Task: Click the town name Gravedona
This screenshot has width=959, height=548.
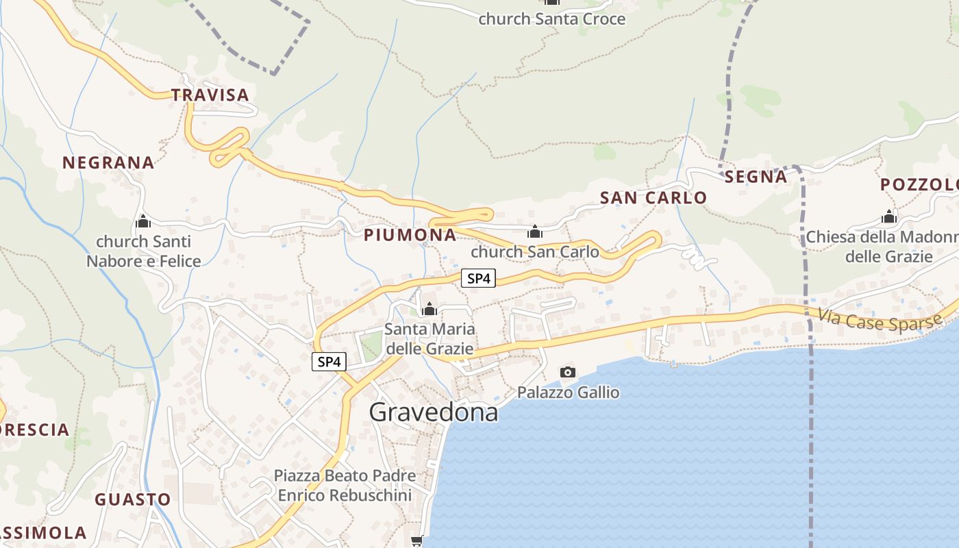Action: (433, 412)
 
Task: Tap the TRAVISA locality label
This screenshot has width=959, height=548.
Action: (210, 95)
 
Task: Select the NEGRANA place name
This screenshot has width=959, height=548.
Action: (108, 163)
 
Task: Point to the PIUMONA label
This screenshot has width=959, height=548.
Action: (410, 235)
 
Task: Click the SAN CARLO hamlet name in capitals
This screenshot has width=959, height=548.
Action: (653, 198)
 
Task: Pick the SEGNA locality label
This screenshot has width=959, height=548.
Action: (756, 177)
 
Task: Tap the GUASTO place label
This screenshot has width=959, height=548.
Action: (133, 499)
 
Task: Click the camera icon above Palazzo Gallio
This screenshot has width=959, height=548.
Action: (568, 373)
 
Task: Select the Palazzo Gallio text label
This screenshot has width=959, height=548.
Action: (568, 393)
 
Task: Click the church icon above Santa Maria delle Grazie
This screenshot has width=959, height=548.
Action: (429, 310)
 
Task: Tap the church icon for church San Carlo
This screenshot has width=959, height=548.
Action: (535, 232)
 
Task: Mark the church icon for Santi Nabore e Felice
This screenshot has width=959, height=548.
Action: (143, 222)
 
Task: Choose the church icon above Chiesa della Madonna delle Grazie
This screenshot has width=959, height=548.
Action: (889, 218)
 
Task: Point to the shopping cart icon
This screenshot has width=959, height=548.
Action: (416, 541)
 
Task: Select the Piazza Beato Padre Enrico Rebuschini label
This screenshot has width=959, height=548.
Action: (344, 485)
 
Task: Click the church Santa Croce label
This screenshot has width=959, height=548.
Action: (551, 19)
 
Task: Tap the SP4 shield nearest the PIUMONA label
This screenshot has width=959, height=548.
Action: (478, 279)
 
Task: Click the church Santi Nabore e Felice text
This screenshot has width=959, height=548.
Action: (143, 251)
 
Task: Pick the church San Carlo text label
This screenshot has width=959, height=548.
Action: (535, 252)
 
